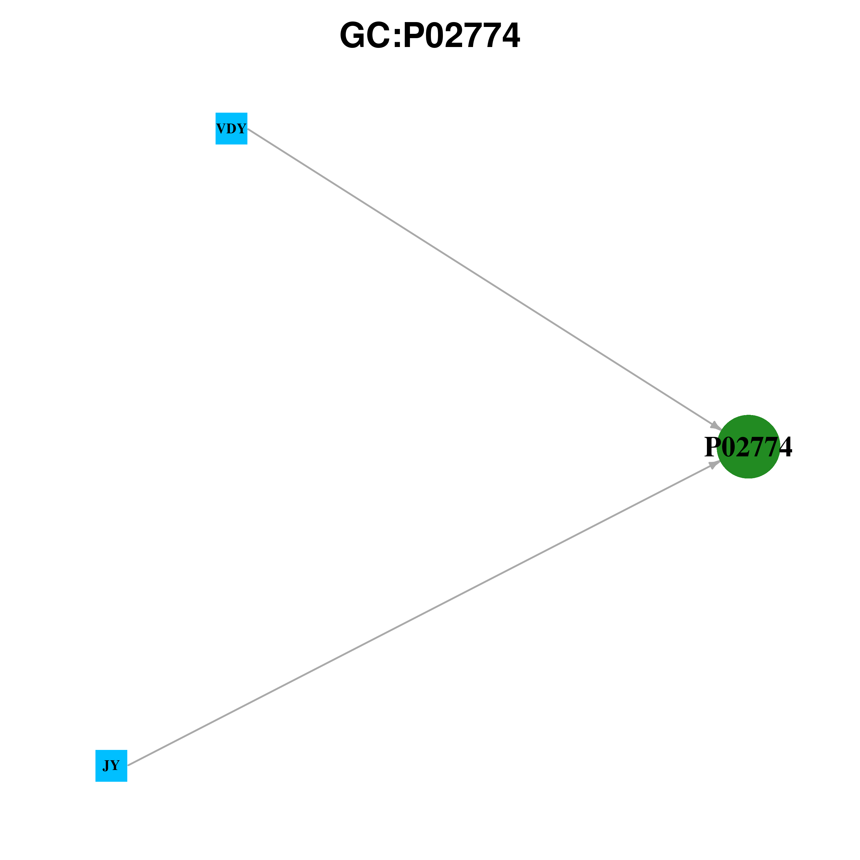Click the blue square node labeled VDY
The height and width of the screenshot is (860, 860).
point(231,129)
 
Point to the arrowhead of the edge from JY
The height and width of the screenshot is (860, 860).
point(715,464)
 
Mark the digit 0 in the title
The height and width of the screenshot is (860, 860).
point(435,36)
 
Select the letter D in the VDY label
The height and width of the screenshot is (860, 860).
point(231,129)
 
